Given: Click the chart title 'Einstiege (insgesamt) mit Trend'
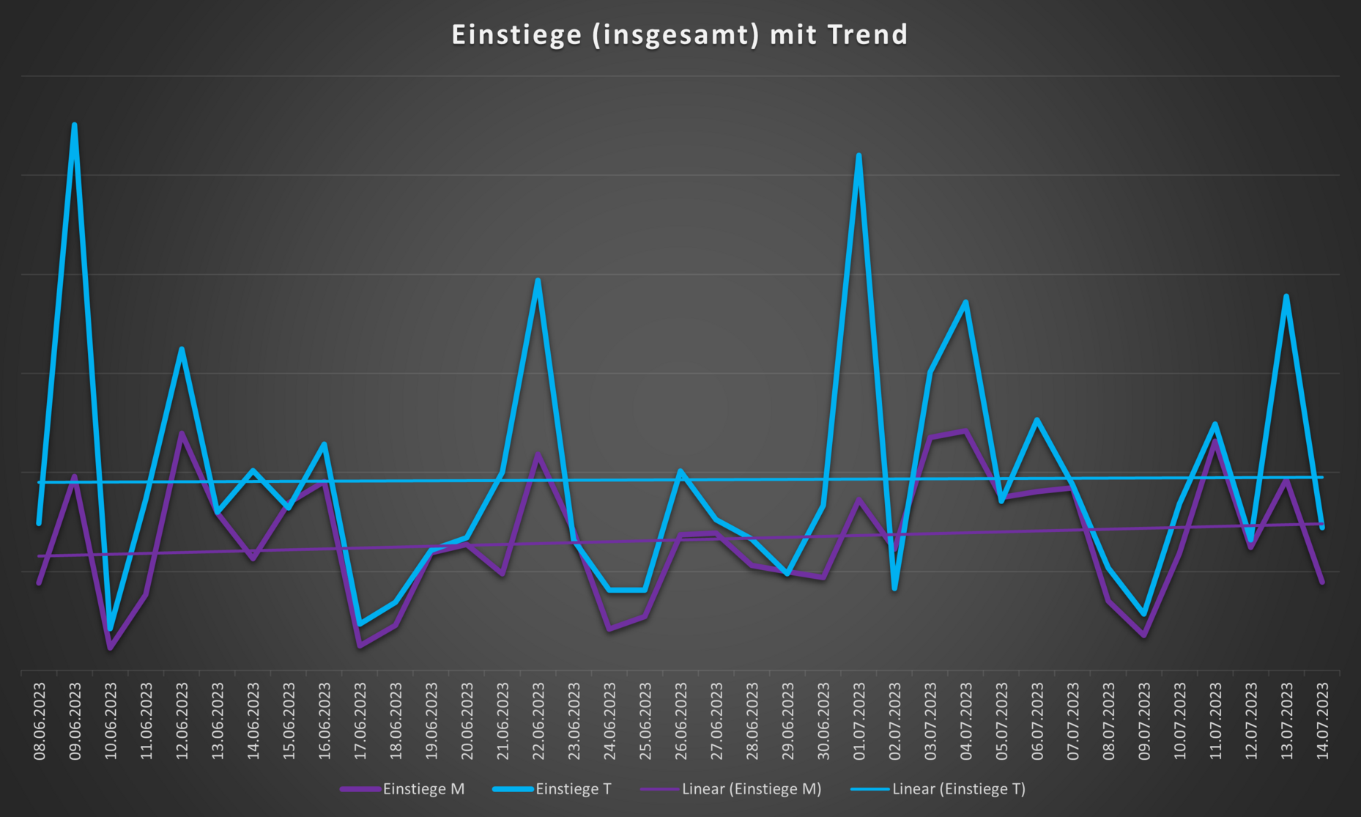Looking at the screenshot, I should [679, 35].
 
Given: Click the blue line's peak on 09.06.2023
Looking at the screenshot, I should [75, 125].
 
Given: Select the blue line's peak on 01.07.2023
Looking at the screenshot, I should [858, 156].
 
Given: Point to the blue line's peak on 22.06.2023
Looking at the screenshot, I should [538, 281].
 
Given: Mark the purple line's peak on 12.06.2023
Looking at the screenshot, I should [182, 434].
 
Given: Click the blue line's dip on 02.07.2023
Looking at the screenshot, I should [894, 588].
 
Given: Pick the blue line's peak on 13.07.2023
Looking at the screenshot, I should [1286, 297].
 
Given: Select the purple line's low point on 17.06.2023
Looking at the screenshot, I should [360, 646].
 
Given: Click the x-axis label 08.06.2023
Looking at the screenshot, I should [40, 721].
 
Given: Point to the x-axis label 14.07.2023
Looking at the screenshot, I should [1322, 721].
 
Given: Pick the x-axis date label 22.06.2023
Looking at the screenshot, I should [538, 721].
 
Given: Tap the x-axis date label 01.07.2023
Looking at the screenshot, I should [858, 721].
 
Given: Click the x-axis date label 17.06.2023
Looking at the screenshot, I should [360, 721].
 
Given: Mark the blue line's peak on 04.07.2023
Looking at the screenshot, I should [966, 302].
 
